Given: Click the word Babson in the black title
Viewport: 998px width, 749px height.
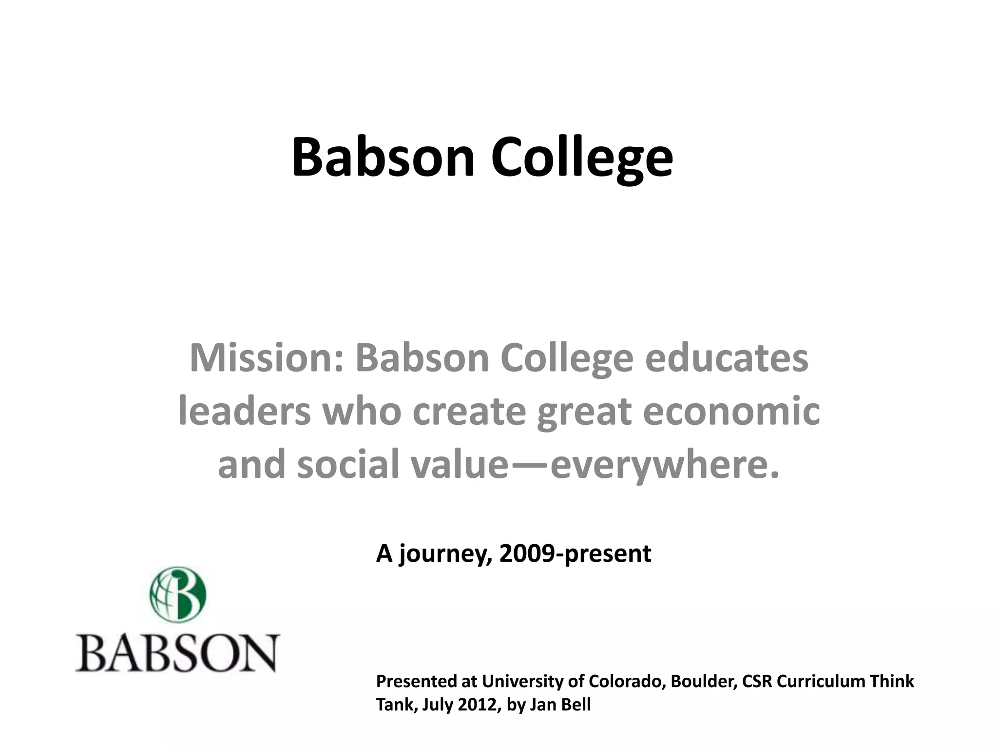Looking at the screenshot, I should [383, 157].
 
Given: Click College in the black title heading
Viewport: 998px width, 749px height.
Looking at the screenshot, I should [582, 157].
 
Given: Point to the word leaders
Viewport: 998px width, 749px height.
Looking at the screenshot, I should [245, 411].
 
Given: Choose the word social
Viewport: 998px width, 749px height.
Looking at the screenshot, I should [349, 464].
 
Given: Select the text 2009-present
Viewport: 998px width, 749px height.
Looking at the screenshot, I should [576, 554].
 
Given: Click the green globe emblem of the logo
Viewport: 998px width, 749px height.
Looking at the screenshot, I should [178, 594].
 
